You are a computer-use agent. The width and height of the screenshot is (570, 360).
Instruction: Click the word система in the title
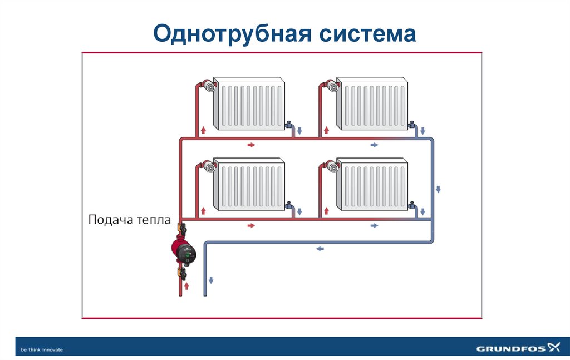367,34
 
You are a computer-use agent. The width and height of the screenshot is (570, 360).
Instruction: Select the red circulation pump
184,251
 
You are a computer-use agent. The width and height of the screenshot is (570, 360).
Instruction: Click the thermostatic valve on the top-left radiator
209,86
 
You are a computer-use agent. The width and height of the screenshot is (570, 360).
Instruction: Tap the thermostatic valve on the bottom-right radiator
332,166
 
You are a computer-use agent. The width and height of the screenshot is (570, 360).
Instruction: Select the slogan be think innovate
42,349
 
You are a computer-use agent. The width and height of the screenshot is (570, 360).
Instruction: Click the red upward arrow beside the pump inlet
186,285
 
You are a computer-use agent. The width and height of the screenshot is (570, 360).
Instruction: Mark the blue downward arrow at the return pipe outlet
212,279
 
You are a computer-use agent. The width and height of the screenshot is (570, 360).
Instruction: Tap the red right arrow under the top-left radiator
251,145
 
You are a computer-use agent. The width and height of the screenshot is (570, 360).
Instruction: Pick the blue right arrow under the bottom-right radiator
374,225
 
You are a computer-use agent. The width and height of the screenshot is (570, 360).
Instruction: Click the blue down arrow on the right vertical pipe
438,189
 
